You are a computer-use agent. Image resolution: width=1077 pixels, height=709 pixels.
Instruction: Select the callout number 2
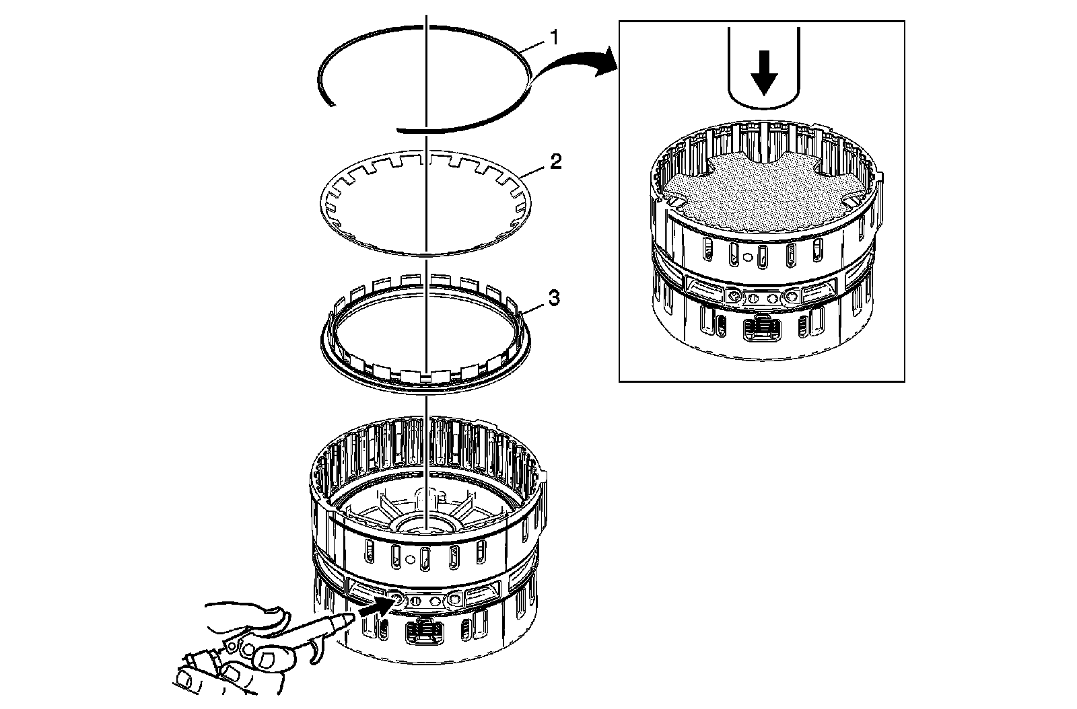[x=555, y=162]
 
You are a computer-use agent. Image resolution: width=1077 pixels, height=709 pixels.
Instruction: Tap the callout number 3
[x=553, y=298]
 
